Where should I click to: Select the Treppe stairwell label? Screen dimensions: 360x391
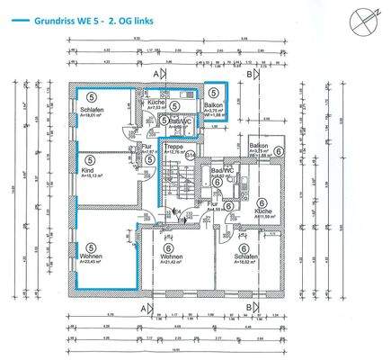pyautogui.click(x=174, y=146)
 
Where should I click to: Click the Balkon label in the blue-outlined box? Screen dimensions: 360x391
pyautogui.click(x=213, y=105)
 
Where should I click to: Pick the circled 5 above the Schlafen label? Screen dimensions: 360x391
pyautogui.click(x=91, y=97)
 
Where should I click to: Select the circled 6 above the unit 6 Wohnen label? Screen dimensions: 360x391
pyautogui.click(x=169, y=247)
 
